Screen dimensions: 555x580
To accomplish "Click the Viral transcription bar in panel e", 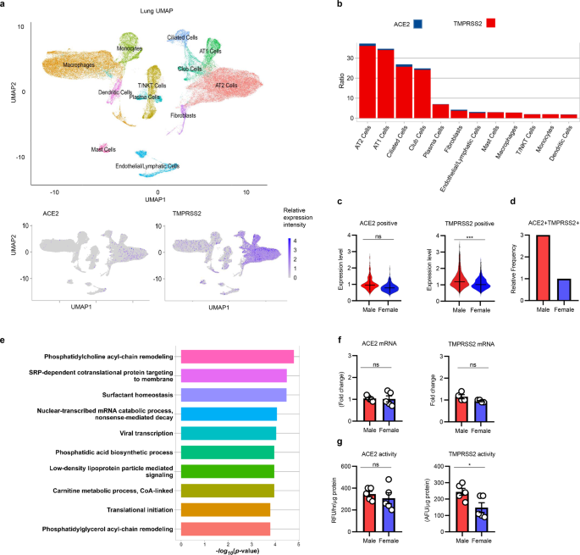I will [x=229, y=433].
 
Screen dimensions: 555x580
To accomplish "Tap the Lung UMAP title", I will [x=129, y=10].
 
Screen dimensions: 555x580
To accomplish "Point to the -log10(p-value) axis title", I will [x=239, y=549].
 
